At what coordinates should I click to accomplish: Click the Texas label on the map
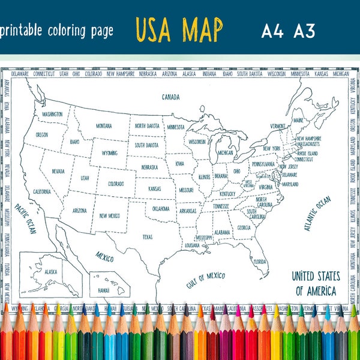click(x=148, y=236)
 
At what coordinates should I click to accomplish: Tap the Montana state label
click(x=104, y=126)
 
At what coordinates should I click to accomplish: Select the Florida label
click(x=259, y=262)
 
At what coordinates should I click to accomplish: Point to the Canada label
click(x=171, y=97)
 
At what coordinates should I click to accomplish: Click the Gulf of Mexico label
click(x=205, y=280)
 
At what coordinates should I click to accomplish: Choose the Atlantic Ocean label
click(x=317, y=214)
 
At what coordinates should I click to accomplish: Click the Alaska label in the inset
click(x=51, y=271)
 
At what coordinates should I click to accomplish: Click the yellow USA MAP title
click(x=179, y=29)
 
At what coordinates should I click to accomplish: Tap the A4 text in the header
click(x=273, y=31)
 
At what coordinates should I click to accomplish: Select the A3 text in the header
click(x=304, y=31)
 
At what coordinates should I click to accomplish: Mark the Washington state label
click(x=52, y=113)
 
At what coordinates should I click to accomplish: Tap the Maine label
click(x=298, y=120)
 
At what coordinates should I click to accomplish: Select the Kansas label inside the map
click(x=154, y=188)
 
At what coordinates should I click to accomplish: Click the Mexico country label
click(x=105, y=257)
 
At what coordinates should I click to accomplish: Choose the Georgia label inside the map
click(x=243, y=227)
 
